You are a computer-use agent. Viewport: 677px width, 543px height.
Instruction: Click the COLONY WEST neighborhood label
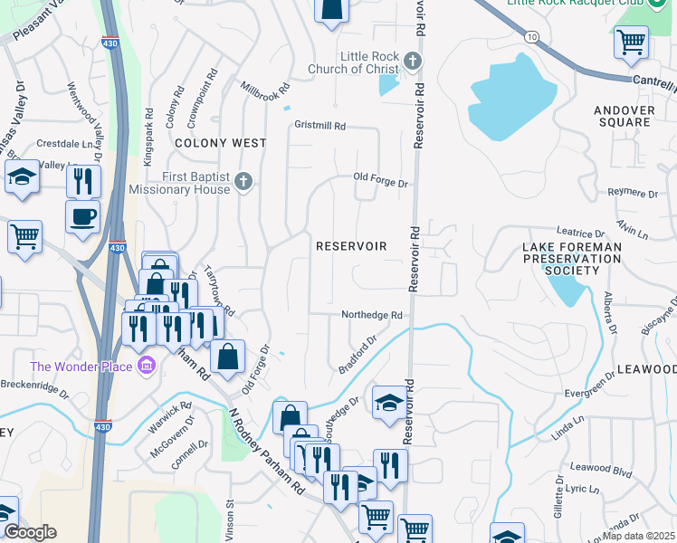220,143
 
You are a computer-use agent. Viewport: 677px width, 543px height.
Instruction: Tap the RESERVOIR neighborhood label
351,246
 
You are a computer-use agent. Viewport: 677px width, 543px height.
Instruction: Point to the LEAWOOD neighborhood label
646,370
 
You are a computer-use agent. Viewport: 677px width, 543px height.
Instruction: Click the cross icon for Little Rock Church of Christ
413,62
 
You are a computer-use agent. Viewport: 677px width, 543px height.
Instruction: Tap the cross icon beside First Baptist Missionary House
243,183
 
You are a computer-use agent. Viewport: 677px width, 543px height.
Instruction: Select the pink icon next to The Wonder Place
146,367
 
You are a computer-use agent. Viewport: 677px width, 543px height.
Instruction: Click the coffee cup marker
82,218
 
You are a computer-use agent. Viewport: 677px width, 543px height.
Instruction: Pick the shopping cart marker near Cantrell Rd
631,41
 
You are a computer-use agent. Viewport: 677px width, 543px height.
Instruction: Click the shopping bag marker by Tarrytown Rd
227,357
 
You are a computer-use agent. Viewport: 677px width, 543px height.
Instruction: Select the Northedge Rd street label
371,315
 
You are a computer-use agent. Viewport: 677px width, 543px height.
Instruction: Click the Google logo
30,532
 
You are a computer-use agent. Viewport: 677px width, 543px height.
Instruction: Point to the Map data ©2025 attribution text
639,536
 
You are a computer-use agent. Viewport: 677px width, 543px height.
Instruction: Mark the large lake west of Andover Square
511,100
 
